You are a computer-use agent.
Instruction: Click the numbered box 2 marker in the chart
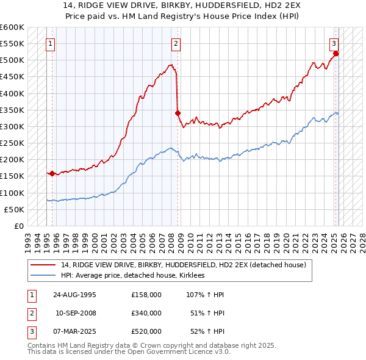[x=175, y=43]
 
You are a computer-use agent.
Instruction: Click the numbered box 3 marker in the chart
[x=334, y=43]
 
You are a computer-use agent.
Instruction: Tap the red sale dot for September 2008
[x=178, y=113]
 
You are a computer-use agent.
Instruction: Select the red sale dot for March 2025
[x=336, y=54]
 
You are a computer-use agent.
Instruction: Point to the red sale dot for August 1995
[x=52, y=173]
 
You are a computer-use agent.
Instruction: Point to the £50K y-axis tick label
[x=15, y=209]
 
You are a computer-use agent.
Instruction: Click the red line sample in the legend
[x=43, y=264]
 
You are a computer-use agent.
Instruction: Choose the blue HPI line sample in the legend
[x=43, y=276]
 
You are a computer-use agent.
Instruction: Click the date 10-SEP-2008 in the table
[x=76, y=312]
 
